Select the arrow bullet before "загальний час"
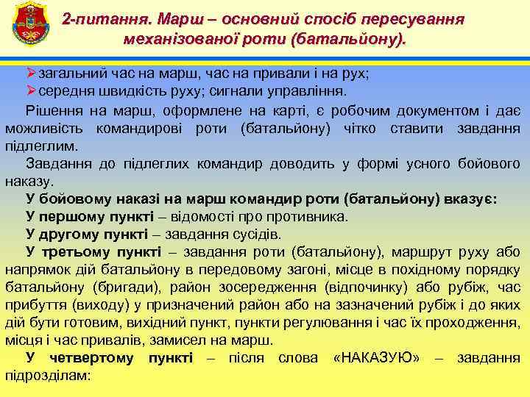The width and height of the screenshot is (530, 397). click(x=31, y=74)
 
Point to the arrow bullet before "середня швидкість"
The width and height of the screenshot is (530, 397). click(x=31, y=91)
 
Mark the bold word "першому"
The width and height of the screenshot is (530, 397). click(x=76, y=217)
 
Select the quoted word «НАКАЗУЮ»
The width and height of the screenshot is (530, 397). click(x=376, y=358)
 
